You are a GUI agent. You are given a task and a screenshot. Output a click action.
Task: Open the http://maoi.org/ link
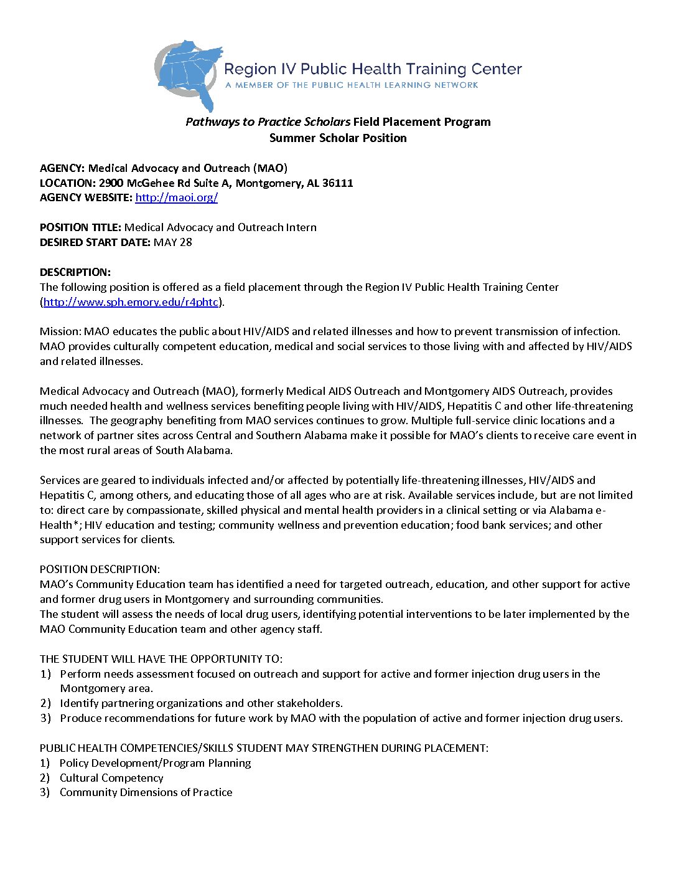coord(176,197)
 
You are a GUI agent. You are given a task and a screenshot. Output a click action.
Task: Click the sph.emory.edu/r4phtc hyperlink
coord(131,302)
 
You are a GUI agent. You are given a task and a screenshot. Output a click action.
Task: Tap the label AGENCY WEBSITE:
coord(86,197)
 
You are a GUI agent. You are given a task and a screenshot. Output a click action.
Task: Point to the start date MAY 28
coord(172,242)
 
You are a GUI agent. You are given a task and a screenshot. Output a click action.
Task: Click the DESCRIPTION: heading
coord(75,272)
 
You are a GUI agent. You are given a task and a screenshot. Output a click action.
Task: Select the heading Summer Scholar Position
coord(338,138)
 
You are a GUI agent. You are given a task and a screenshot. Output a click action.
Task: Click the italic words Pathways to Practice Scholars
coord(268,122)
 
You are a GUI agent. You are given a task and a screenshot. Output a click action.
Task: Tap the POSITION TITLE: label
coord(80,227)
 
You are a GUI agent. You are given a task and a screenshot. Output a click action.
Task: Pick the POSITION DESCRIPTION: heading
coord(100,569)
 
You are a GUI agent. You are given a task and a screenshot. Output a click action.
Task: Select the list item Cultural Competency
coord(111,778)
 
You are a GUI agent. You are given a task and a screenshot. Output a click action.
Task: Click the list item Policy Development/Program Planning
coord(155,763)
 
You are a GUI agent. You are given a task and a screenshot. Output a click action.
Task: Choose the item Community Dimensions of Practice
coord(146,792)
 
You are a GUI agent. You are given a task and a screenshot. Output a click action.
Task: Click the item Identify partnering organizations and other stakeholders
coord(201,703)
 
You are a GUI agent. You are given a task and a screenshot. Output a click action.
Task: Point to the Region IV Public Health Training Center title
coord(373,69)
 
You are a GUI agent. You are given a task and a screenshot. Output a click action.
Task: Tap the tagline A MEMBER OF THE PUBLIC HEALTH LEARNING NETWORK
coord(352,85)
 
